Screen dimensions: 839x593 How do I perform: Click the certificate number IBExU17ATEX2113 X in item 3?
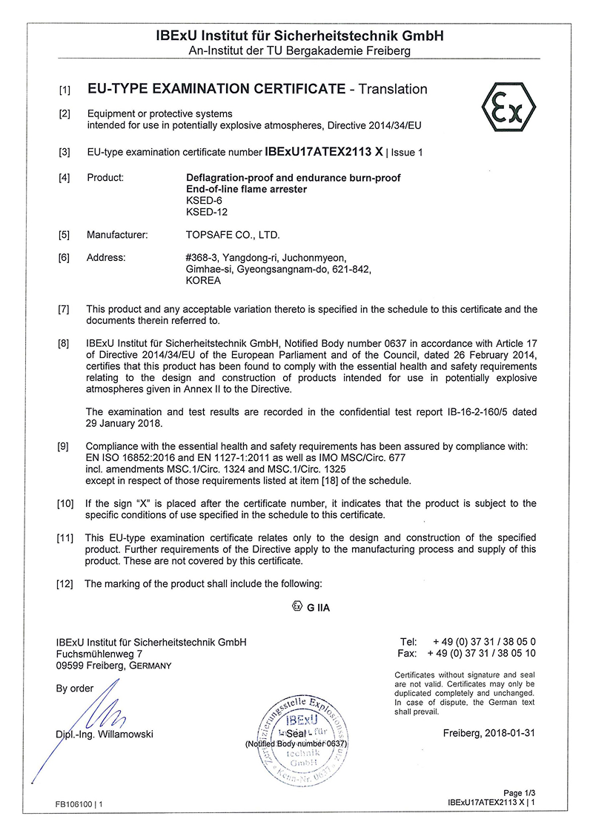click(x=323, y=152)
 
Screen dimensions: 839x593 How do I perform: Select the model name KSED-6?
click(x=203, y=200)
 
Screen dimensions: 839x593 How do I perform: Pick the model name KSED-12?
click(x=205, y=212)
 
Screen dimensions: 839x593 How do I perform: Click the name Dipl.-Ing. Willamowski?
click(x=105, y=734)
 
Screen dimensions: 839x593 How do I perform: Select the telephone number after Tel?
click(x=484, y=641)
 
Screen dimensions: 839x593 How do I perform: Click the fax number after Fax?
click(x=483, y=653)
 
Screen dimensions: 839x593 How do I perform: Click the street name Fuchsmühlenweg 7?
click(x=99, y=653)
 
